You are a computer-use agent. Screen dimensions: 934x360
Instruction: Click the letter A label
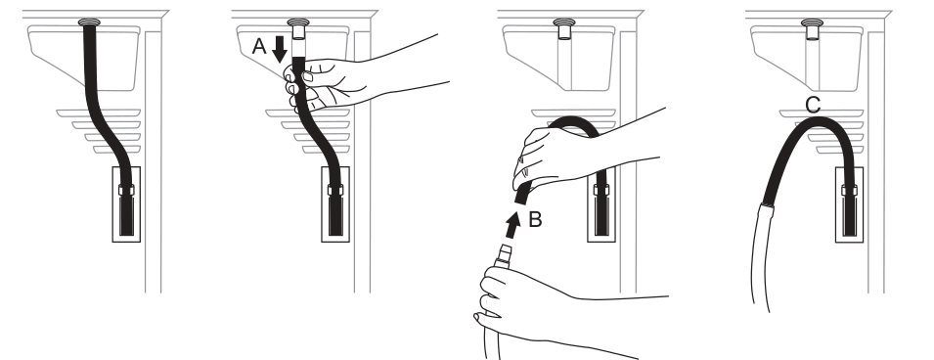259,47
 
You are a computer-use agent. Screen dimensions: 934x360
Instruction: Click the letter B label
535,220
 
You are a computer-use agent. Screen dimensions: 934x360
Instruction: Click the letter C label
813,106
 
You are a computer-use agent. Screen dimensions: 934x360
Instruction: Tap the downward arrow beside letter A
280,49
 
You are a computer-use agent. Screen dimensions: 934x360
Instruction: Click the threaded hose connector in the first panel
89,22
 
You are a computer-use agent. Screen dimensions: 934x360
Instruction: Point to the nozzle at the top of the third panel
563,28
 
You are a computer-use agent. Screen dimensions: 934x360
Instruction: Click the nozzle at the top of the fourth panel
812,28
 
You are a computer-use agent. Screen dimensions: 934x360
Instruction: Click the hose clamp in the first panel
126,190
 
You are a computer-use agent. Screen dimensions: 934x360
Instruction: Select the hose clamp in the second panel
335,190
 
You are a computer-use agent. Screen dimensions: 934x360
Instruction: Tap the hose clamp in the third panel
601,190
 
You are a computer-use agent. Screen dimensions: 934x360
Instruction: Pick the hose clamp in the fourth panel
849,190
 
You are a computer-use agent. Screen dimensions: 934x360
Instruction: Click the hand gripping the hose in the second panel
322,83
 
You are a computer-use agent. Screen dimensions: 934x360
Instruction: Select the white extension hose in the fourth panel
760,256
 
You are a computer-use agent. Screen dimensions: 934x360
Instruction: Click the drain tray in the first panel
84,57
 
